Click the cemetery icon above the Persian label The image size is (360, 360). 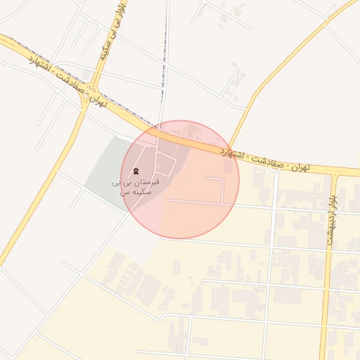pyautogui.click(x=136, y=171)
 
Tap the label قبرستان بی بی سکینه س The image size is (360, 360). pyautogui.click(x=137, y=186)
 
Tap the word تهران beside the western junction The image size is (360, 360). pyautogui.click(x=98, y=102)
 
